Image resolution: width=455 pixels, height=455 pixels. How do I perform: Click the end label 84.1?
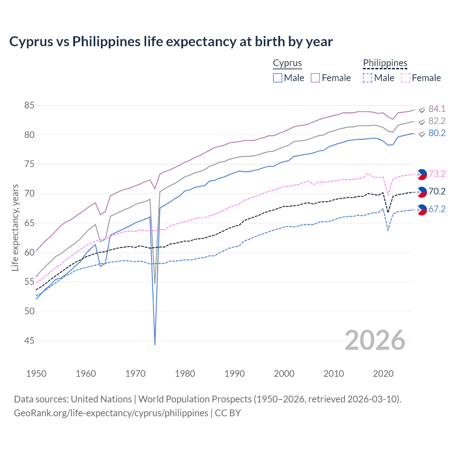437,109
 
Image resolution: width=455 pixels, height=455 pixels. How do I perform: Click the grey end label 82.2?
437,121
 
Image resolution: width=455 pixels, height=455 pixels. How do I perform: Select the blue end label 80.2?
437,133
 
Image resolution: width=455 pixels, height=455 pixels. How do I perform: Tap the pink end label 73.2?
437,174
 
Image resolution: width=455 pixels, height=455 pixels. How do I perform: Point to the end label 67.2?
437,209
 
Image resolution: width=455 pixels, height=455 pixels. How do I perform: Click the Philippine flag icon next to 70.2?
422,192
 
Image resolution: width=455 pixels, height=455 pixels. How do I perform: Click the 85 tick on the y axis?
30,105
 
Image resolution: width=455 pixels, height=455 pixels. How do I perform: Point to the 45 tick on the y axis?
30,341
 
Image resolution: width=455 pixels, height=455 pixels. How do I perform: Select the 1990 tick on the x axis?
235,374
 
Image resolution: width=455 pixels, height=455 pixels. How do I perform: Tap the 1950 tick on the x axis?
36,374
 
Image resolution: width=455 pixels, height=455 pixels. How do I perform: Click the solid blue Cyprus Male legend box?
278,78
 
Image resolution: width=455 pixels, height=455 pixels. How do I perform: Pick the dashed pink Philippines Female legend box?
406,78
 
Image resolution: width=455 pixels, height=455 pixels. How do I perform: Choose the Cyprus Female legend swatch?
316,78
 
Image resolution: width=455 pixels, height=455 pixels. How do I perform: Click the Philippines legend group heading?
385,63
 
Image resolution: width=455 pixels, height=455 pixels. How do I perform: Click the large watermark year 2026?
375,340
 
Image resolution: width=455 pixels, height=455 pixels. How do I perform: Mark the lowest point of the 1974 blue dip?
155,344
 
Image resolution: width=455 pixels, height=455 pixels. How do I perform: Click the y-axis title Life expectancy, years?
15,227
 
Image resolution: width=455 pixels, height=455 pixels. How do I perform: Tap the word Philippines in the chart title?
107,42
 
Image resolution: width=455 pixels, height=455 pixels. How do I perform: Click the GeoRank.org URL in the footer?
111,413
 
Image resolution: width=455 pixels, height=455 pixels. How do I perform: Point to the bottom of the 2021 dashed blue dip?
388,230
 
